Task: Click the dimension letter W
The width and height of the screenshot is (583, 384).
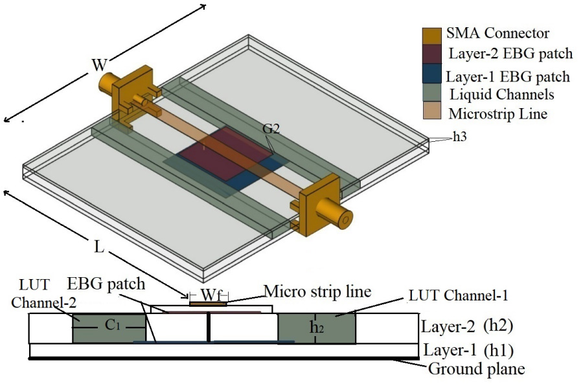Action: [x=99, y=65]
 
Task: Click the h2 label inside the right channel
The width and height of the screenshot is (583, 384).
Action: [x=316, y=328]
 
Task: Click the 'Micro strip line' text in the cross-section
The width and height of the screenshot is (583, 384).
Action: [x=317, y=291]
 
